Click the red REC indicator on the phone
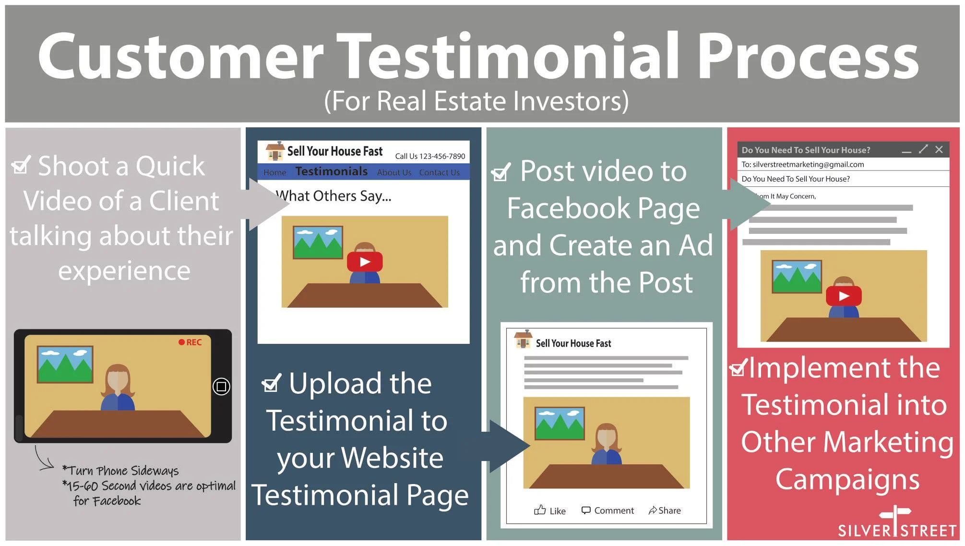(x=190, y=342)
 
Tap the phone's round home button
(x=221, y=387)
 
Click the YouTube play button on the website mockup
(x=365, y=262)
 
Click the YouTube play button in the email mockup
(x=844, y=296)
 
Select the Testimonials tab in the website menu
(x=332, y=171)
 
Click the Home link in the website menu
(x=275, y=172)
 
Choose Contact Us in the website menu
(x=440, y=172)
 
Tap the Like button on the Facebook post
(x=550, y=510)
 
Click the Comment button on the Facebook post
(x=608, y=510)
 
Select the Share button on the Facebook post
(x=665, y=510)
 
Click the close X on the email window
(x=939, y=149)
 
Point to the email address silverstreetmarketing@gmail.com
(x=808, y=164)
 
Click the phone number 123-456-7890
(x=442, y=156)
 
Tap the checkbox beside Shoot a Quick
(x=21, y=165)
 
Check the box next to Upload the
(x=272, y=383)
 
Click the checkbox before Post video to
(x=501, y=171)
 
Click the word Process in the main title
(x=808, y=57)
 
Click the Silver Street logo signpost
(x=895, y=520)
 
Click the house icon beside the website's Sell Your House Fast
(x=275, y=151)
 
